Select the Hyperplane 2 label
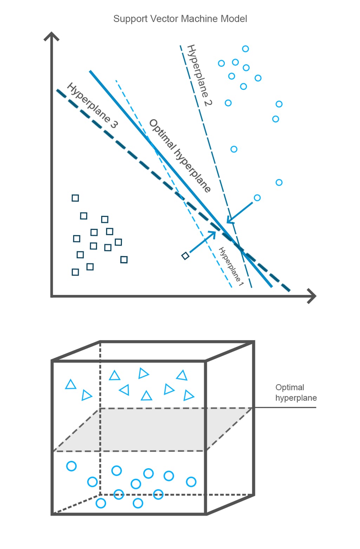tap(199, 75)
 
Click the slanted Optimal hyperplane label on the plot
tap(180, 156)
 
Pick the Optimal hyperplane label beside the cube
tap(296, 392)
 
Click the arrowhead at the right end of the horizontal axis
tap(312, 296)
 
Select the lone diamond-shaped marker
tap(185, 256)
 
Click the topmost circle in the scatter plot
tap(246, 49)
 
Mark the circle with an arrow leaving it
tap(257, 198)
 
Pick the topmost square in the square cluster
tap(75, 198)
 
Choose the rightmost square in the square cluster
tap(124, 260)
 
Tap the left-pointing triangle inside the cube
tap(124, 390)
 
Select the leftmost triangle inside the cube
tap(71, 384)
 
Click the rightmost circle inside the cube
tap(191, 482)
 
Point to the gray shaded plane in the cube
tap(151, 430)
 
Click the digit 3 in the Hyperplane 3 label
tap(114, 124)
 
